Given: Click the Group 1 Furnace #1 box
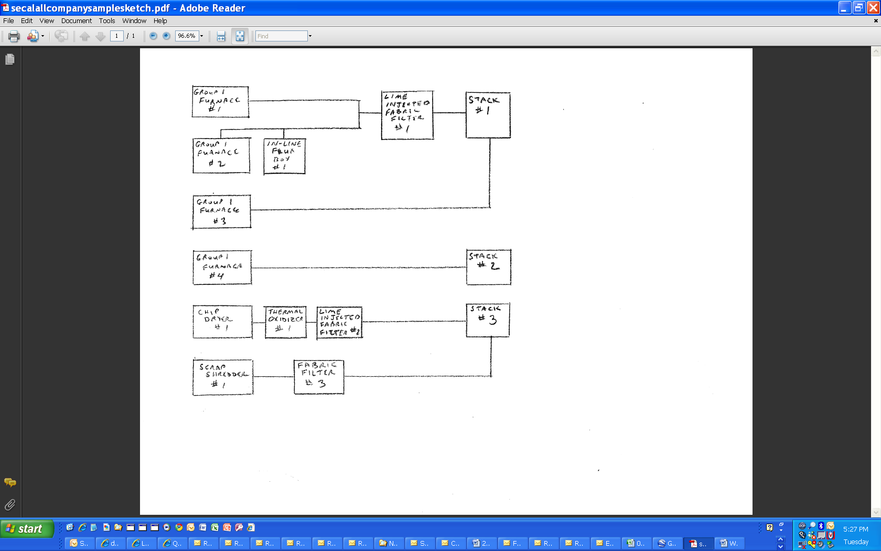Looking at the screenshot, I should [x=220, y=102].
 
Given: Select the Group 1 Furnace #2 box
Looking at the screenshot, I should [x=221, y=155].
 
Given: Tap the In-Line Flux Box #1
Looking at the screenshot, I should [x=284, y=156].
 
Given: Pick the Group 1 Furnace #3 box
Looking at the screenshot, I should [x=221, y=212].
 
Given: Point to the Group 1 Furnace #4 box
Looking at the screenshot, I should [x=222, y=268].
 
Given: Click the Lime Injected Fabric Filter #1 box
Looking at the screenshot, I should [x=407, y=115].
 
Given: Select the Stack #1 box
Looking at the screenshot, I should [x=488, y=115].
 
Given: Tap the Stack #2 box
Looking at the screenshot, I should [x=489, y=267].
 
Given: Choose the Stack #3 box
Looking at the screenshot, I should [x=488, y=320].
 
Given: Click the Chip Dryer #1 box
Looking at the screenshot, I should [x=222, y=322].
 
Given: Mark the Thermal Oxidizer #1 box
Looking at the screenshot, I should [x=286, y=322].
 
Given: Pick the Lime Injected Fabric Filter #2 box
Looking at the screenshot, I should [x=340, y=322].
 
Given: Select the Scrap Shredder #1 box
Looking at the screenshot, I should [x=223, y=377].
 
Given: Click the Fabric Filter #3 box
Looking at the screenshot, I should [x=319, y=376].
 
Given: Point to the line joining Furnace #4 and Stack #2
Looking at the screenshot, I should [x=359, y=268].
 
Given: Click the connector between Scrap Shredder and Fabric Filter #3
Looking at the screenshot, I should [x=273, y=377].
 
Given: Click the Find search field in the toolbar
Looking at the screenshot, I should [x=282, y=36].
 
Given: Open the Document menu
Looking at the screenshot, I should [x=76, y=21].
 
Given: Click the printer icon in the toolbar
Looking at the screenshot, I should [x=14, y=36].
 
